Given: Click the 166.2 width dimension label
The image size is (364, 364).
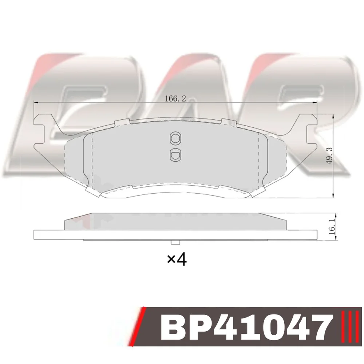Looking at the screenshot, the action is (175, 99).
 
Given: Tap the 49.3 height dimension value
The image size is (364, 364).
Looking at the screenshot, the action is (329, 156).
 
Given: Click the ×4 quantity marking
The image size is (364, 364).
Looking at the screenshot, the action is (177, 260).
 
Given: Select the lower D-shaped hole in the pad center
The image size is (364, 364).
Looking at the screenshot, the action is (175, 154).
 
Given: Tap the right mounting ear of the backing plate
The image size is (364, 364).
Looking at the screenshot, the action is (309, 130).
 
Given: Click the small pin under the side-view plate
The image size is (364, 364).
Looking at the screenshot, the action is (175, 242).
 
